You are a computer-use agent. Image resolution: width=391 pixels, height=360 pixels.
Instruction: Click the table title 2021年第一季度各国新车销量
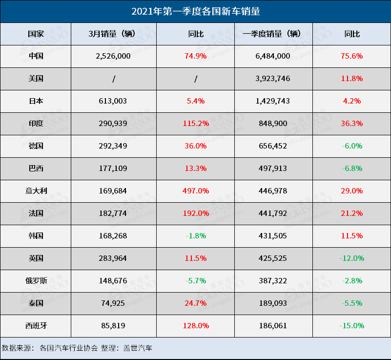(x=195, y=11)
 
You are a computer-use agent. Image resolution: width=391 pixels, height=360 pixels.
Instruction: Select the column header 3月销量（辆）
(x=113, y=34)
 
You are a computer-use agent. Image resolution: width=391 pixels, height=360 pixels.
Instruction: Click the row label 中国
(x=36, y=56)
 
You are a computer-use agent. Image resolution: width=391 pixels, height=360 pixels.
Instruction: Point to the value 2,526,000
(x=113, y=56)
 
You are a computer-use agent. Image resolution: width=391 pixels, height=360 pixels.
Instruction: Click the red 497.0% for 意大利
(x=196, y=191)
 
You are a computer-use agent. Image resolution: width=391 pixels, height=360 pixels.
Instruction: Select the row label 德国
(x=36, y=146)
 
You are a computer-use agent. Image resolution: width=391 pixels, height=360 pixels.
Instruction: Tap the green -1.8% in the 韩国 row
(x=196, y=236)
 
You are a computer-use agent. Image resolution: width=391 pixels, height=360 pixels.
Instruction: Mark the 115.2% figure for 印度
(x=196, y=124)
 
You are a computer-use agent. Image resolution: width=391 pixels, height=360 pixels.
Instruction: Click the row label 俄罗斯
(x=36, y=281)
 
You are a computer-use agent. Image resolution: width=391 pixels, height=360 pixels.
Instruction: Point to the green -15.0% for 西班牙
(x=351, y=326)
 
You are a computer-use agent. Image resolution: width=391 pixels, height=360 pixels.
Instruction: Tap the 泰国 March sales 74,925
(x=113, y=303)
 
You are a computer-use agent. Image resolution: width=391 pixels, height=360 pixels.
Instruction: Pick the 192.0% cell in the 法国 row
(x=196, y=213)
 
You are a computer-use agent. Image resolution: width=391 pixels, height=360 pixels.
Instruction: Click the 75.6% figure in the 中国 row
(x=351, y=56)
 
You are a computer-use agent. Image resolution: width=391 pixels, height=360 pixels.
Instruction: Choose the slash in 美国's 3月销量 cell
(x=113, y=79)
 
